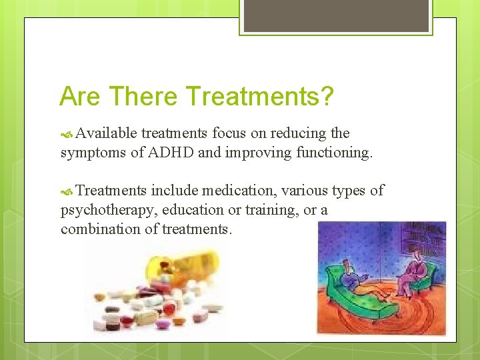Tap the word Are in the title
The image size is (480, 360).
coord(79,96)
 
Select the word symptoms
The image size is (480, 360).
coord(92,153)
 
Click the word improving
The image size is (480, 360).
coord(252,153)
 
